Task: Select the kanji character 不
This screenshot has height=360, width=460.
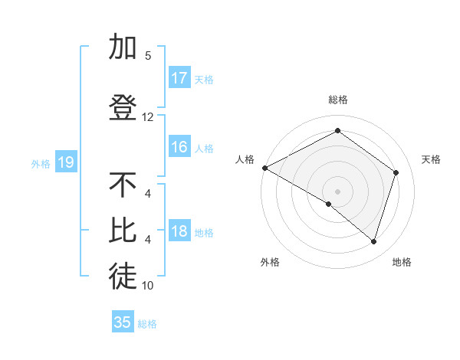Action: point(123,185)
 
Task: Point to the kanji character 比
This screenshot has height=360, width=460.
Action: point(123,231)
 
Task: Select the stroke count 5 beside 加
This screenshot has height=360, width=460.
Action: point(147,55)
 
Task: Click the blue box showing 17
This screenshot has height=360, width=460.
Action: point(179,78)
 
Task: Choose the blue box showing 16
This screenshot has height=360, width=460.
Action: point(179,147)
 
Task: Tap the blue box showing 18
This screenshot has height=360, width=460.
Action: point(179,231)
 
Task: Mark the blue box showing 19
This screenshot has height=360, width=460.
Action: point(65,162)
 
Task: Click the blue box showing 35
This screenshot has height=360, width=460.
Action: point(123,322)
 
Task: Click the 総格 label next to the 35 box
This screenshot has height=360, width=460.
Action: point(147,324)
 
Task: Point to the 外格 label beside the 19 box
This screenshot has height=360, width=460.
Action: point(41,163)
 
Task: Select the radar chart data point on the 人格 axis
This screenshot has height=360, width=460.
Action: point(264,167)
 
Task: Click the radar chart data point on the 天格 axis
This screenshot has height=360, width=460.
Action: point(396,172)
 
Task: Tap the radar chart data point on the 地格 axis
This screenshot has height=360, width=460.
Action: point(373,241)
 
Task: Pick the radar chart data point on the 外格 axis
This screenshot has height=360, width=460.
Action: point(329,204)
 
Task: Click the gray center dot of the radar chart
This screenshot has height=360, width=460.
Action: point(337,191)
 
